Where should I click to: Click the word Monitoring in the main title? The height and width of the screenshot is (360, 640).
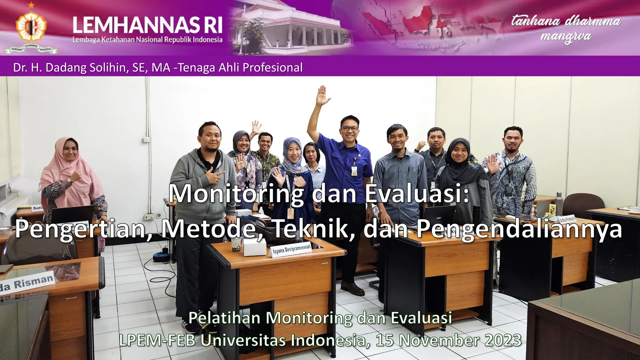[236, 194]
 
